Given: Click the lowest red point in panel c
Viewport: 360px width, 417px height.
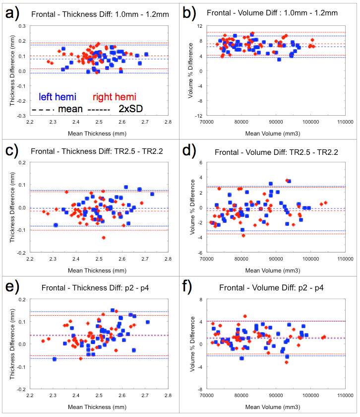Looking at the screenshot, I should click(104, 238).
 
